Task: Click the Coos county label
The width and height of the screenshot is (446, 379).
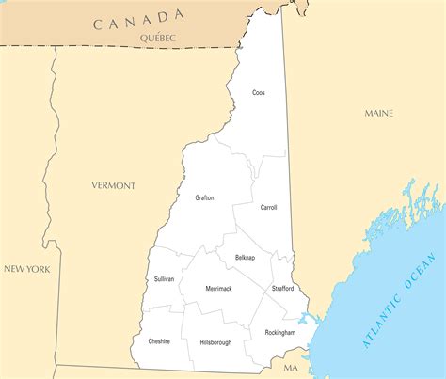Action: [x=258, y=92]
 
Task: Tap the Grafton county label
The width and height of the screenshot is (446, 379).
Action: [x=204, y=197]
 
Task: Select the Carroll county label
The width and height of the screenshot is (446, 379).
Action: [x=268, y=207]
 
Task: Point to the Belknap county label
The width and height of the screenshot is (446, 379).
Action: [x=245, y=257]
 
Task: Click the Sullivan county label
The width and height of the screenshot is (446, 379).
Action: [x=164, y=279]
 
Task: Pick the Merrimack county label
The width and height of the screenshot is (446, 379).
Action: [x=218, y=288]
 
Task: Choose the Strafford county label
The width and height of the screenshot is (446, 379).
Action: [x=282, y=288]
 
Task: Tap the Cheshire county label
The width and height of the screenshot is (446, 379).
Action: [x=159, y=341]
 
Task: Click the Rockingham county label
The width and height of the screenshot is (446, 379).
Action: [x=279, y=333]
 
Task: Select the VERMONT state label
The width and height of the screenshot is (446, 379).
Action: [x=113, y=185]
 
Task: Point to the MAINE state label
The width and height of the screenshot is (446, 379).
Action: [x=379, y=113]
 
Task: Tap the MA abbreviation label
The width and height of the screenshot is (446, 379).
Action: [x=291, y=368]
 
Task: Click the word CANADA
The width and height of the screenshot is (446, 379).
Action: [x=138, y=19]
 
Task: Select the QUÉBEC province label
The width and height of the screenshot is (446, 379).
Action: [x=157, y=37]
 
